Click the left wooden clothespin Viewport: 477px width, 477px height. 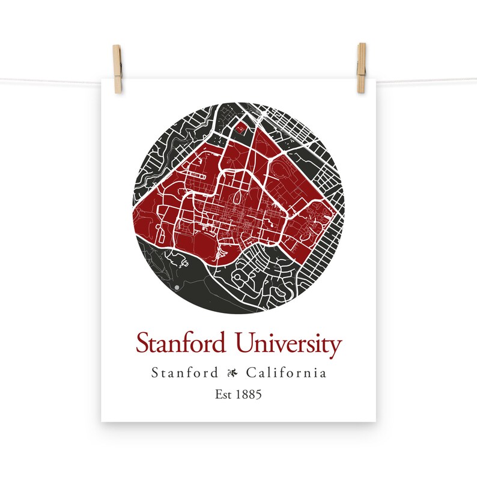tap(117, 69)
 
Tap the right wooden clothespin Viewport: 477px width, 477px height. tap(361, 68)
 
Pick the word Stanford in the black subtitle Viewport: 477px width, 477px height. tap(184, 373)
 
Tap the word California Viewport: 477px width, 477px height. tap(287, 373)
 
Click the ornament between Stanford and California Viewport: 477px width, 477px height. tap(232, 374)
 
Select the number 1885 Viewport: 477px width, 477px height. tap(248, 395)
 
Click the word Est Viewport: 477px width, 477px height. tap(223, 395)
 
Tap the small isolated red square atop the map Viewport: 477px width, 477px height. tap(242, 127)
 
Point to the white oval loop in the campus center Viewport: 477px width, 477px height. tap(242, 197)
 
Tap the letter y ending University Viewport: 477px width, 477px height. tap(335, 347)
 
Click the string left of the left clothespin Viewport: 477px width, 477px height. tap(54, 81)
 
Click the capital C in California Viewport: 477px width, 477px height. tap(251, 373)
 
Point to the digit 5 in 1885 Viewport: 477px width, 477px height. tap(259, 395)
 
